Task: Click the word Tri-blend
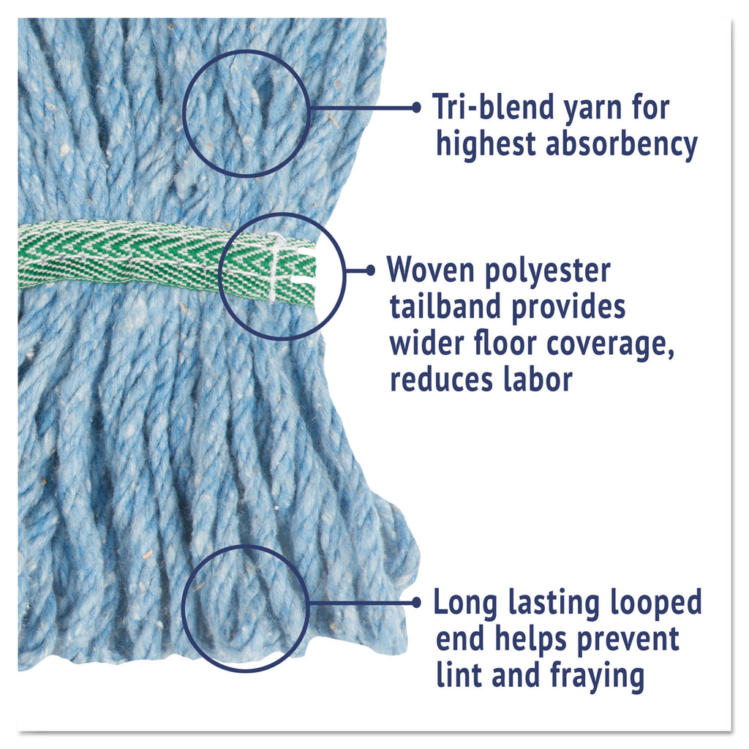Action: (x=494, y=107)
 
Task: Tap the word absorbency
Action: (x=622, y=143)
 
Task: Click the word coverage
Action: (x=610, y=345)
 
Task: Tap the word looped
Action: (x=656, y=603)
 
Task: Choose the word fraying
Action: (x=597, y=676)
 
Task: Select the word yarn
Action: (x=593, y=110)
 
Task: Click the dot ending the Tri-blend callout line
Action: (x=416, y=108)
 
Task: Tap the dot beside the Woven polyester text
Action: (x=371, y=271)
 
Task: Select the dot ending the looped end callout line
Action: (x=416, y=603)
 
